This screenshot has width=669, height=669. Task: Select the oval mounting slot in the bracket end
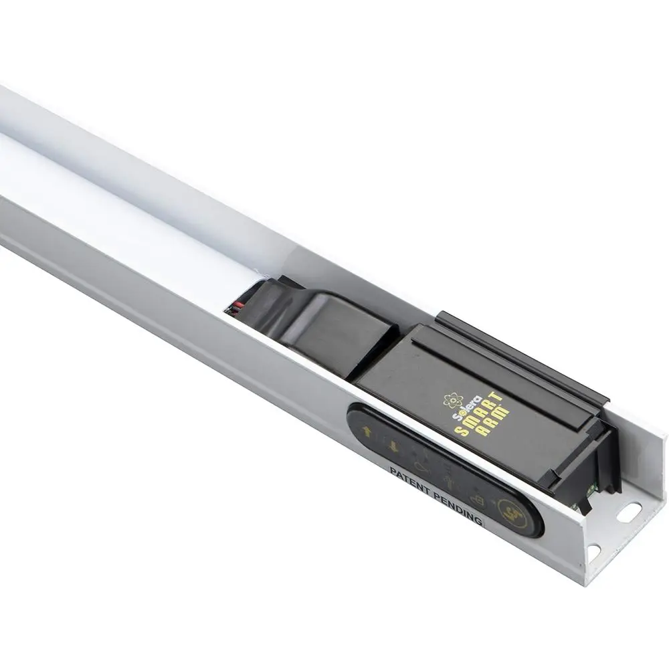pyautogui.click(x=630, y=510)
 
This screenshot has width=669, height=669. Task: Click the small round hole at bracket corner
pyautogui.click(x=594, y=552)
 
